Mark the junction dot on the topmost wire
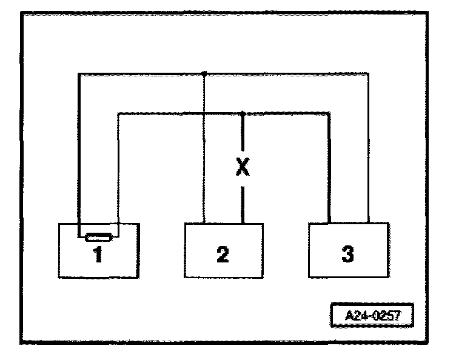(204, 74)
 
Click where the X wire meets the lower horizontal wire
(242, 112)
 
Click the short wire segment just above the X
(242, 133)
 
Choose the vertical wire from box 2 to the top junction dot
(204, 152)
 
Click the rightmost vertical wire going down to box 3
(368, 152)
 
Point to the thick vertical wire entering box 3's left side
(329, 170)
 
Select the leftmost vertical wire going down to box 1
(78, 152)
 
